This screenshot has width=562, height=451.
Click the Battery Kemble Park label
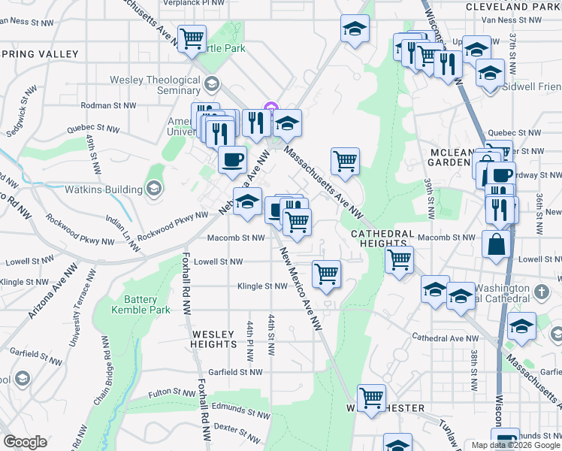tap(140, 304)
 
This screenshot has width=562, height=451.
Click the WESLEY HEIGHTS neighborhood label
tap(214, 338)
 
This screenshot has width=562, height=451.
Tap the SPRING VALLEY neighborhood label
tap(39, 53)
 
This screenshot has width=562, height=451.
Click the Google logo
tap(25, 442)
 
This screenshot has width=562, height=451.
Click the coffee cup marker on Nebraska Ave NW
tap(232, 159)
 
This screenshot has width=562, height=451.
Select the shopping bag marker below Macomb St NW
tap(497, 244)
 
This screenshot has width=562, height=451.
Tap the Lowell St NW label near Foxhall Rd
tap(218, 262)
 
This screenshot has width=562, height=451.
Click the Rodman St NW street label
tap(107, 106)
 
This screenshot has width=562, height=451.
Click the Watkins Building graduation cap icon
tap(154, 186)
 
